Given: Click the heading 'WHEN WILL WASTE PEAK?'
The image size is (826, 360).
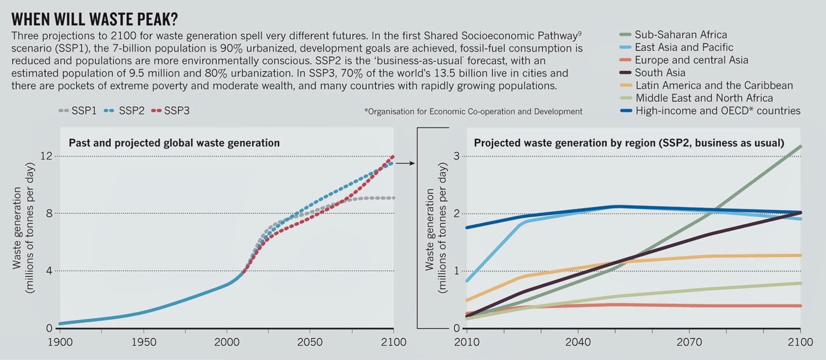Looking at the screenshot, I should tap(95, 18).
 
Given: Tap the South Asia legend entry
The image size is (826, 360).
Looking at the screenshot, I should tap(660, 73).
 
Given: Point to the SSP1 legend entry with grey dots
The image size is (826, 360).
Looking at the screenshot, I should tap(78, 110).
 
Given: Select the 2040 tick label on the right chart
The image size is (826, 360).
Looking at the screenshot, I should tap(578, 342).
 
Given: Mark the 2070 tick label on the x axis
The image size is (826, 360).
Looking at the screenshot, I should tap(689, 342).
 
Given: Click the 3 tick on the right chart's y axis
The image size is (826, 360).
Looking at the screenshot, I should tap(456, 156).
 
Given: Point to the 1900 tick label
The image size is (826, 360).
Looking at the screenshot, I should tap(59, 342).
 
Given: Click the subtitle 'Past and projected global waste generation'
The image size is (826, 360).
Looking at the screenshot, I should tap(174, 143).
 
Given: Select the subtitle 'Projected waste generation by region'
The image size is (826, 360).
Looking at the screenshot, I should tap(628, 143).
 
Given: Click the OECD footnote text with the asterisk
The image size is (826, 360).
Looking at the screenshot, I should tap(473, 111).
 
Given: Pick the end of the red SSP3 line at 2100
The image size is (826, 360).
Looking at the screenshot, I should tap(394, 157).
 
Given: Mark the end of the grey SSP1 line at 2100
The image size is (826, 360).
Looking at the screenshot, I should tap(394, 198).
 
